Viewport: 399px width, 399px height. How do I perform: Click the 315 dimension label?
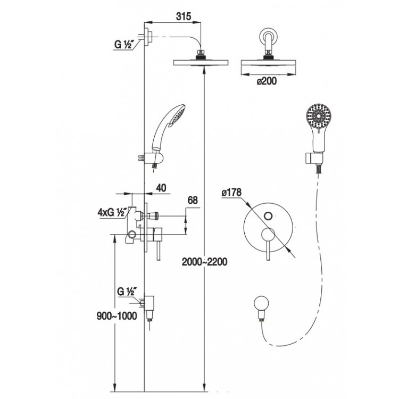tap(183, 16)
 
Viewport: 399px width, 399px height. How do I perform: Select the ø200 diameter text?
tap(267, 81)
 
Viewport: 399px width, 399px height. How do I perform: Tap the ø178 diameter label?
tap(231, 193)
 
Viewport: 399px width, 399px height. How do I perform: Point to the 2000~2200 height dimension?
tap(204, 262)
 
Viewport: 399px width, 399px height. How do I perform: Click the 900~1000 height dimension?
tap(117, 316)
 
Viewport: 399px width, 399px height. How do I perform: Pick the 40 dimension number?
tap(161, 188)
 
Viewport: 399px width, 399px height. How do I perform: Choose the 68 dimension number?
tap(193, 201)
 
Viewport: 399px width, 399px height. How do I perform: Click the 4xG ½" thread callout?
tap(112, 212)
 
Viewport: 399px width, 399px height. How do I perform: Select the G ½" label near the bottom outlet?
tap(127, 291)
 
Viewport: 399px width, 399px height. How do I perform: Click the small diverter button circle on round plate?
tap(268, 216)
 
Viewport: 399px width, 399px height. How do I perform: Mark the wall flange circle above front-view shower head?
tap(268, 35)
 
